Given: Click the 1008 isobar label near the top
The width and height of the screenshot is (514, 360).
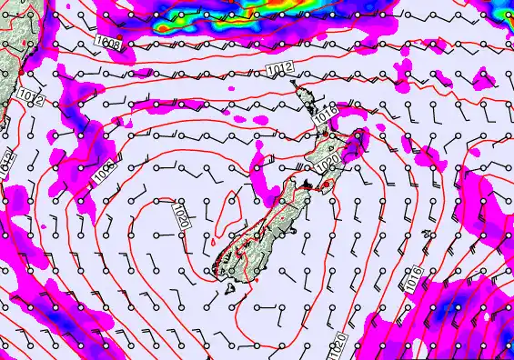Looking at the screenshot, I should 110,43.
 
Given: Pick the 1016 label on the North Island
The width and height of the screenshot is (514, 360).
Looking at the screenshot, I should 327,115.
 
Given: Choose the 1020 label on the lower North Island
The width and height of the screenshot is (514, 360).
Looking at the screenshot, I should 328,164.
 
